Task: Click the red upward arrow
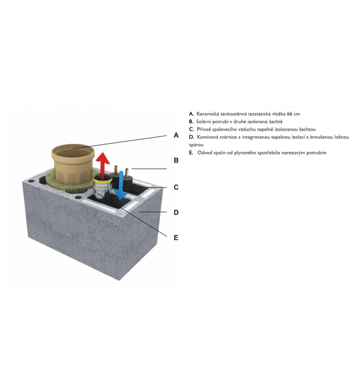click(x=102, y=165)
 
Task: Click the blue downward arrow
click(x=121, y=185)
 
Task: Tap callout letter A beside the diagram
click(x=176, y=135)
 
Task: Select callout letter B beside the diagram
click(x=176, y=160)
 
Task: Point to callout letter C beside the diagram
click(x=176, y=187)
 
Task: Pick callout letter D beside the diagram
click(x=176, y=213)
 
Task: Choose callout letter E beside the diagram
click(x=176, y=238)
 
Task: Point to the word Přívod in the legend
click(x=204, y=129)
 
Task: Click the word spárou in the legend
click(x=196, y=145)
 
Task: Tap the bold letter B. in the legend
click(x=191, y=122)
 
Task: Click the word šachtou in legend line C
click(x=307, y=129)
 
